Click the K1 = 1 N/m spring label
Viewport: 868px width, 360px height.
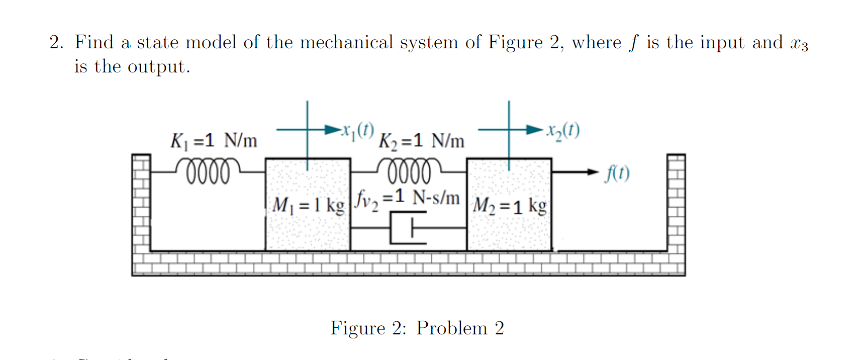(x=214, y=141)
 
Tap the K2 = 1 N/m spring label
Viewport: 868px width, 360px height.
(x=421, y=141)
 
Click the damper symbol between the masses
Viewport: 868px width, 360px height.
(x=408, y=228)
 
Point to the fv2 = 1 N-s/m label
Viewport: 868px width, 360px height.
(x=407, y=198)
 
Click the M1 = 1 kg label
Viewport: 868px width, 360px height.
(x=308, y=205)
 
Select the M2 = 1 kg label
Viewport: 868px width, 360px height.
(x=510, y=206)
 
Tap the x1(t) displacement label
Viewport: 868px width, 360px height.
(x=358, y=130)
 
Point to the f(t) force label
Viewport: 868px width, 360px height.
(x=617, y=173)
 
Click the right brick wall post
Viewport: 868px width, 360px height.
(x=676, y=201)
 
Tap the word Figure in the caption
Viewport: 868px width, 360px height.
(x=358, y=328)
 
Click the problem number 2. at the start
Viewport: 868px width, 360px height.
(x=56, y=42)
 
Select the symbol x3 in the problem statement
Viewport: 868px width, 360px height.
(x=799, y=44)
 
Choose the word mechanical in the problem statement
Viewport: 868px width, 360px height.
(x=346, y=42)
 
